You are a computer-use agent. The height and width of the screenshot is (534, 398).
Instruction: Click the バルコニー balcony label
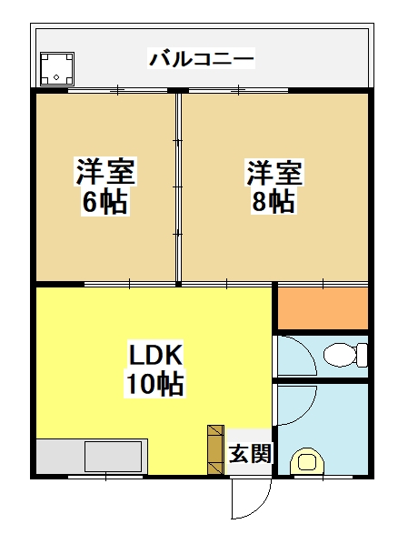[201, 58]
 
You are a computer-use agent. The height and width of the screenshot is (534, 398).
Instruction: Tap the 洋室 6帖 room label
[105, 186]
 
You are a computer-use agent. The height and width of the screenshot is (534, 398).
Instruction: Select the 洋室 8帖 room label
[274, 186]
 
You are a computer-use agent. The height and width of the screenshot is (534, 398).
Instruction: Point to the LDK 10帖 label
[154, 368]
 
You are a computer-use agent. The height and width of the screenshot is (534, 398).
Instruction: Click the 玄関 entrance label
[251, 453]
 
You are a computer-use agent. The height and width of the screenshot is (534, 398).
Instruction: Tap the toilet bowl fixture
[344, 355]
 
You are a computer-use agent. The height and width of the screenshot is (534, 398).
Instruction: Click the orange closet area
[323, 308]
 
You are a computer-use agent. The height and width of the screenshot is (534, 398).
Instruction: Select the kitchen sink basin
[114, 457]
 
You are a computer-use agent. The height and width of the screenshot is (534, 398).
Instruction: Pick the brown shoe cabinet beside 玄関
[215, 449]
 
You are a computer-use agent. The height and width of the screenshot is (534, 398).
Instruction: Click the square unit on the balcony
[57, 69]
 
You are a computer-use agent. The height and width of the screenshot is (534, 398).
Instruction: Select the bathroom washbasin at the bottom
[306, 461]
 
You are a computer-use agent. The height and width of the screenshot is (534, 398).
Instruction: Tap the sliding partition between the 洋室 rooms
[178, 187]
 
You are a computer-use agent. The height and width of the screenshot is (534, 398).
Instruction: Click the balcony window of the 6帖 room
[118, 90]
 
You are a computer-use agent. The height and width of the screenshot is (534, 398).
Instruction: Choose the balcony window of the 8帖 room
[238, 90]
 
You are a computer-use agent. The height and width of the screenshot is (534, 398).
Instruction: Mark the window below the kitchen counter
[105, 477]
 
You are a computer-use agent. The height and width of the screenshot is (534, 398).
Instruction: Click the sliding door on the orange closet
[323, 283]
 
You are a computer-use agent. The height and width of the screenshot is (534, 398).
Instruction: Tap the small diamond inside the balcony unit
[56, 77]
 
